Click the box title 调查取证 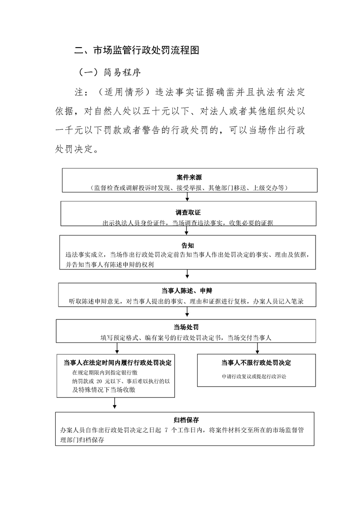click(x=188, y=213)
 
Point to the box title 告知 click(x=187, y=245)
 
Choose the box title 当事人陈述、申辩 click(x=187, y=291)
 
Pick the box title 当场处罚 click(x=186, y=327)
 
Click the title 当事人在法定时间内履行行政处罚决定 click(x=117, y=363)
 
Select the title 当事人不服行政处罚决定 click(x=256, y=363)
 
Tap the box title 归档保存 click(x=186, y=420)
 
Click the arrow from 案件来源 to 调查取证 click(x=187, y=197)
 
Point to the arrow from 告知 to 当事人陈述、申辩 click(x=187, y=274)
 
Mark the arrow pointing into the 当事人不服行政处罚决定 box click(x=257, y=348)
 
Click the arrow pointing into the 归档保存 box click(x=115, y=403)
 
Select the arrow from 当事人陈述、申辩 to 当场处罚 click(x=187, y=312)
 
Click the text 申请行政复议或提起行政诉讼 click(x=254, y=377)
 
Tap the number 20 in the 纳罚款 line click(x=100, y=382)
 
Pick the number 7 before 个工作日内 click(x=166, y=431)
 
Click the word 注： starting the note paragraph click(x=81, y=92)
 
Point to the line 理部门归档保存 click(x=82, y=440)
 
